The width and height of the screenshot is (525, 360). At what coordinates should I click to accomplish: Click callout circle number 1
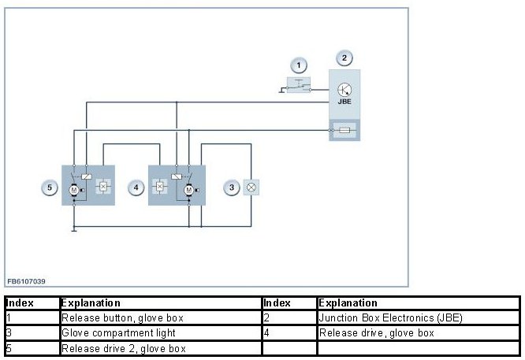(x=298, y=65)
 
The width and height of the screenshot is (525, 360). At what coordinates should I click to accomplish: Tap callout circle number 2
(x=344, y=58)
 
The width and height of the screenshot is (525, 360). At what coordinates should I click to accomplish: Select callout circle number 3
(x=232, y=187)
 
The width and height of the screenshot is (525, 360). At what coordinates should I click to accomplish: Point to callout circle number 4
(x=136, y=187)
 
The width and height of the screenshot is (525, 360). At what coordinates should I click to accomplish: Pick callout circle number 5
(x=50, y=187)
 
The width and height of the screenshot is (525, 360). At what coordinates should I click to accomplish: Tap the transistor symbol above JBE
(x=344, y=89)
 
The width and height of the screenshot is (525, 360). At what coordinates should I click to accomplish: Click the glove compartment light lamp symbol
(x=252, y=187)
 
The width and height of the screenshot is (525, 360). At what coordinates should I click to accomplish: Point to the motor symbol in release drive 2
(x=73, y=190)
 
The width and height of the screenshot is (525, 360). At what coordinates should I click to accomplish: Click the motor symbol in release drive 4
(x=188, y=190)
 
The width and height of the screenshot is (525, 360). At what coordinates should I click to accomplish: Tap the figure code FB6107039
(x=26, y=280)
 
